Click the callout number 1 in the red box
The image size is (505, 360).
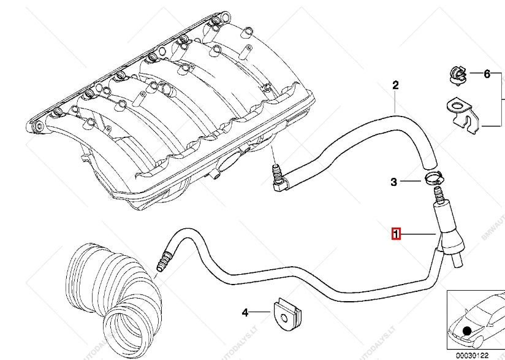coord(397,234)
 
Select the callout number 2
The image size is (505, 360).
coord(396,85)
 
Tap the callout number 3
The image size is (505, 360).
coord(395,182)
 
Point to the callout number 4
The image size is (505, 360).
coord(245,313)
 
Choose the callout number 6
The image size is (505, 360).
coord(487,74)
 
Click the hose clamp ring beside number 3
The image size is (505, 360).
coord(431,180)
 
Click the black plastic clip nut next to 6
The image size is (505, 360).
coord(455,73)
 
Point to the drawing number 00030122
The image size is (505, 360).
coord(471,354)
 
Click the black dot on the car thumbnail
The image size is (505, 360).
coord(468,332)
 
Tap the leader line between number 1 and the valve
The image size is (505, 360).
coord(419,234)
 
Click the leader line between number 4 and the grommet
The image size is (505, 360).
coord(260,312)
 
